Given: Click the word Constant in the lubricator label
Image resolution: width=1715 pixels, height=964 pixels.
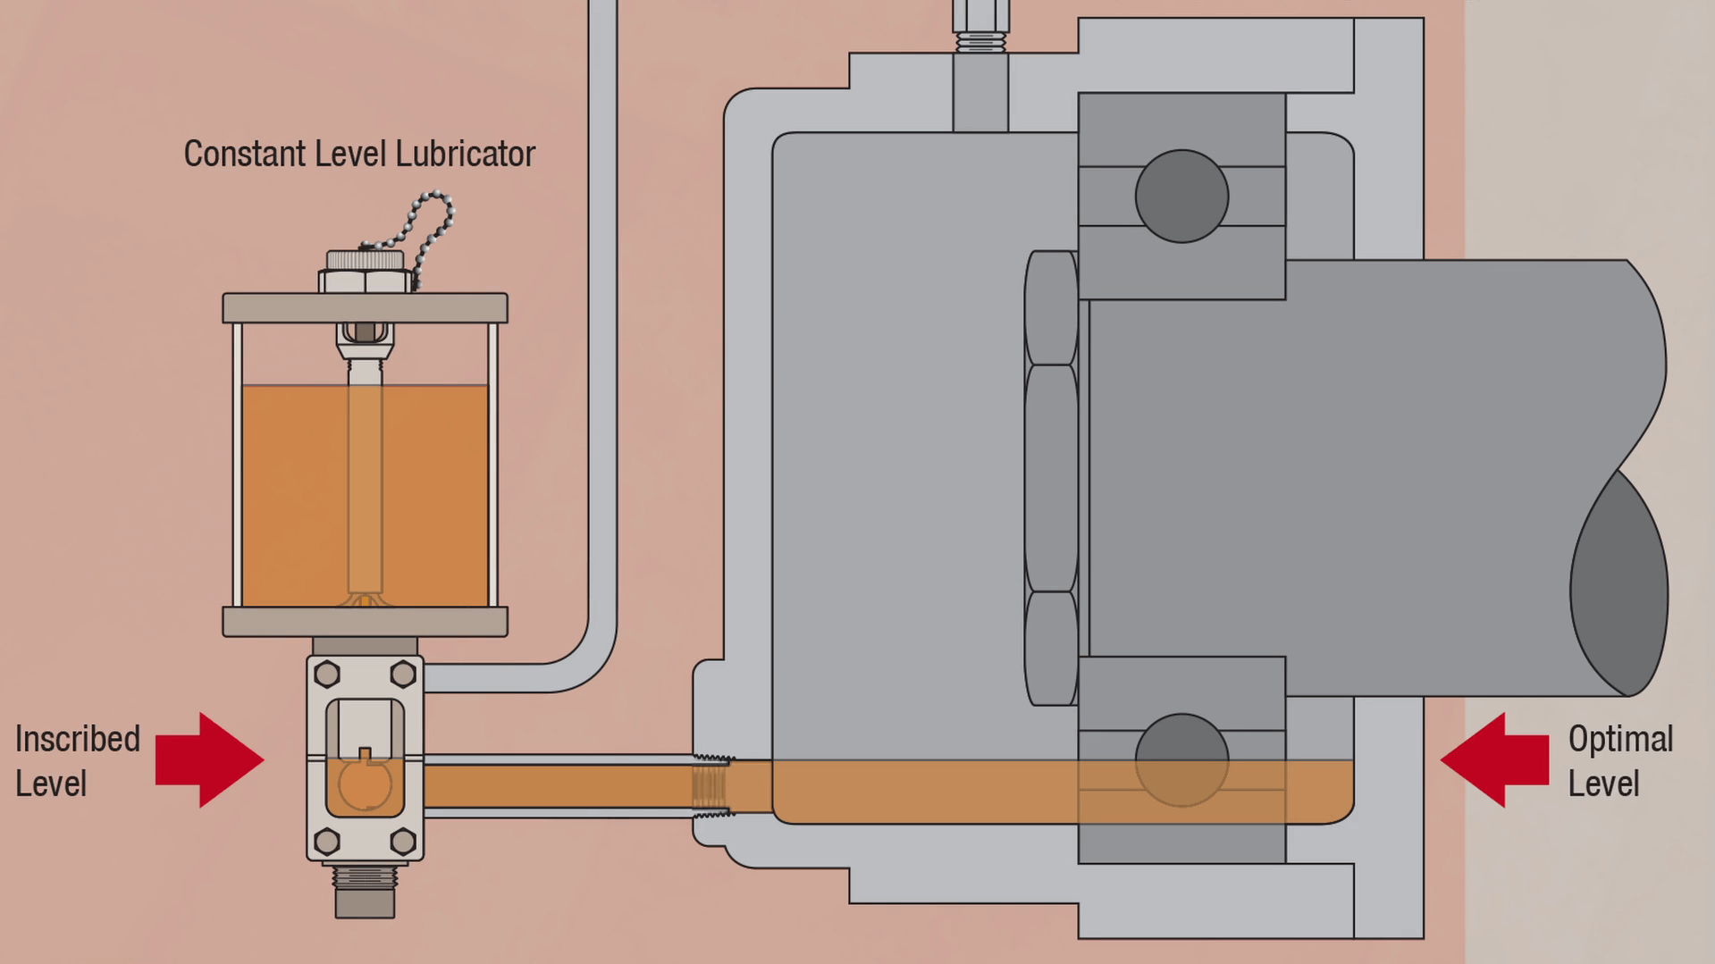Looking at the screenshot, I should tap(244, 154).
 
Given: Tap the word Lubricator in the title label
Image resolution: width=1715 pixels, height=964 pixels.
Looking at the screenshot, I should tap(465, 154).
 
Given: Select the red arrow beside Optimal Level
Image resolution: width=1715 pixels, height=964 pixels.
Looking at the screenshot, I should tap(1494, 760).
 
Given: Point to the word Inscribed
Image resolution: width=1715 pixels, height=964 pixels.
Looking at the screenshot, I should tap(78, 740).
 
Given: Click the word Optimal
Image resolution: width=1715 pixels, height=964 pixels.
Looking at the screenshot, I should tap(1620, 740).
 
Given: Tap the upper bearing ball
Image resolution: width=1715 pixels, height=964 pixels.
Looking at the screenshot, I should tap(1181, 196).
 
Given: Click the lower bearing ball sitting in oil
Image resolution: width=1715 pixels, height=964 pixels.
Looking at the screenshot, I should tap(1181, 759).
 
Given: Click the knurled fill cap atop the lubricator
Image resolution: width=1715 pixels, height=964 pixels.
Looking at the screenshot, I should tap(365, 261).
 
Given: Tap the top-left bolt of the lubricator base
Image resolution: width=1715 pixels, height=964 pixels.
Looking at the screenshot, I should tap(327, 674).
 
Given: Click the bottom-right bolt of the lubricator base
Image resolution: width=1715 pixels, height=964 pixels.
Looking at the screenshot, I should tap(403, 841).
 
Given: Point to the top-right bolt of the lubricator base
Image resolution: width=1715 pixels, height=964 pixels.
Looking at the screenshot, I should tap(403, 674).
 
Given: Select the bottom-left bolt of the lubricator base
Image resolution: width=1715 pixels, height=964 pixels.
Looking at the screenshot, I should tap(327, 841).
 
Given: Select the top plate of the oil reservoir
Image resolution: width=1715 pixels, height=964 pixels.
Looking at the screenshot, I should tap(365, 308).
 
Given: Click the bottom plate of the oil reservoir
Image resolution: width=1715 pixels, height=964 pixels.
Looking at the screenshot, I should tap(365, 622).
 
